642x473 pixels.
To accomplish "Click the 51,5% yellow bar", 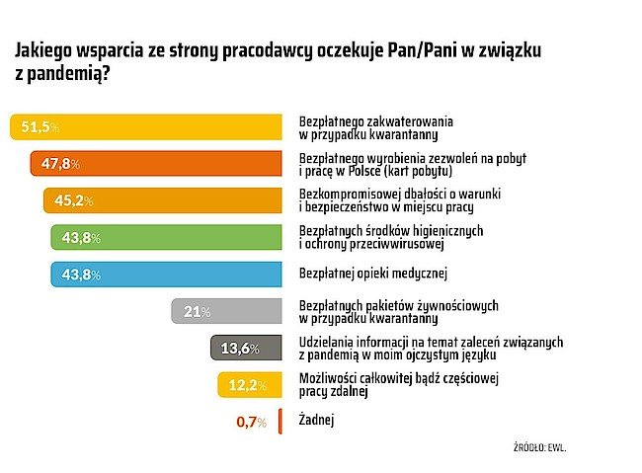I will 148,126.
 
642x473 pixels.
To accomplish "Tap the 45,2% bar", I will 164,200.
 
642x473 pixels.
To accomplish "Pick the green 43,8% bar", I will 168,237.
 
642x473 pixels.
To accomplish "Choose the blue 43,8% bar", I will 168,274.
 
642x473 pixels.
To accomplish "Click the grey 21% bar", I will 227,311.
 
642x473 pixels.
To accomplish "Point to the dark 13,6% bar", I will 247,348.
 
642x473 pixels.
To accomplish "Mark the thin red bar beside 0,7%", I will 281,421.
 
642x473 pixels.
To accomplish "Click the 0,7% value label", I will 252,422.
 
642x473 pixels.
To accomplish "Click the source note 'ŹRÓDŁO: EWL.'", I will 541,447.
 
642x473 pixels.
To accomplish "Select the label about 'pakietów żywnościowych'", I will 404,311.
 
